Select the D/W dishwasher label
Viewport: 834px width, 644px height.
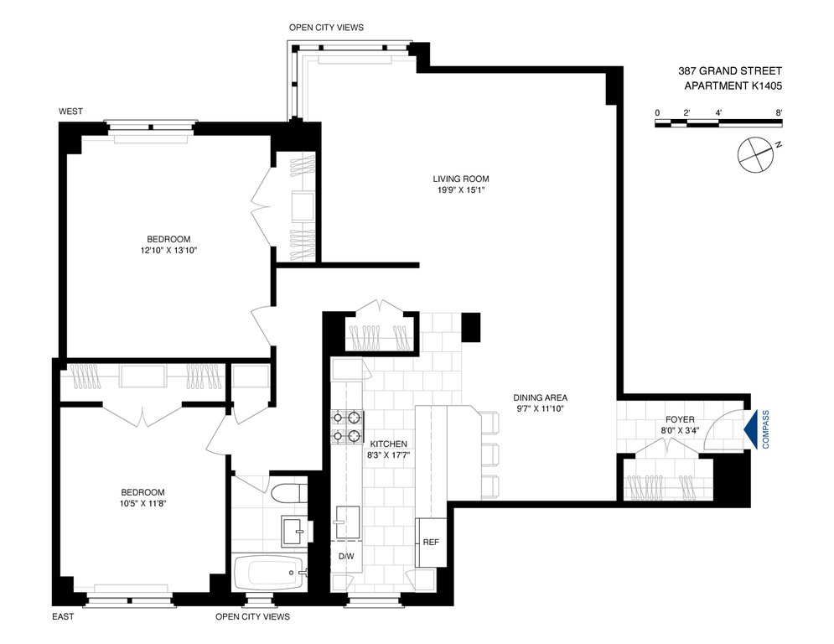pos(346,556)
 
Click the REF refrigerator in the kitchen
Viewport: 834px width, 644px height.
pos(431,543)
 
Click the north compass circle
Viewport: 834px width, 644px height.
pos(754,154)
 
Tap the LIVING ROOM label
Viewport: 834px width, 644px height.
pos(461,179)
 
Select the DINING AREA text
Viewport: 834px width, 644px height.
pos(540,397)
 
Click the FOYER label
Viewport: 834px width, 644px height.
pos(680,420)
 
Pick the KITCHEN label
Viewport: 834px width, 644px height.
pos(388,444)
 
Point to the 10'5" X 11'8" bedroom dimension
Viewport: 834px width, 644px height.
pos(142,503)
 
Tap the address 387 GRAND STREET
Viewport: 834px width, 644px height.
pos(730,70)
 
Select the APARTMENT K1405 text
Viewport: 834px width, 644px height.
pos(733,86)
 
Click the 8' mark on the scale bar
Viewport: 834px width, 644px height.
pos(779,113)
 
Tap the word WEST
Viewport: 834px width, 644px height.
pos(70,112)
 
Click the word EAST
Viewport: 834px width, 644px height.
pos(64,617)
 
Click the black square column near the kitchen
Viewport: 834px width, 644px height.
pos(471,327)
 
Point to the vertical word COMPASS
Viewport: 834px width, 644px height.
pos(766,429)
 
